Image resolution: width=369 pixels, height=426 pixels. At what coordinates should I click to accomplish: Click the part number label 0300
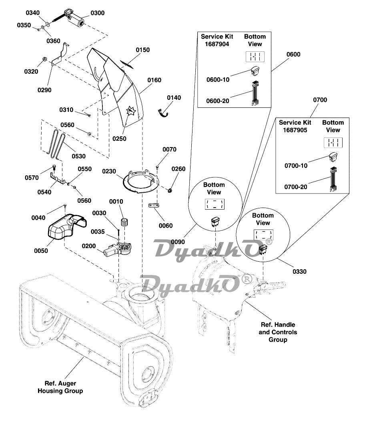coord(97,13)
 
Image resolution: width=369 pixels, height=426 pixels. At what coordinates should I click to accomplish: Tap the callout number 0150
coord(143,50)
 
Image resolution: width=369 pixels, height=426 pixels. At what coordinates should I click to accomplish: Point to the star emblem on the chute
coord(131,111)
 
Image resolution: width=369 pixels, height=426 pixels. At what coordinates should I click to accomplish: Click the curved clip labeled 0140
coord(163,113)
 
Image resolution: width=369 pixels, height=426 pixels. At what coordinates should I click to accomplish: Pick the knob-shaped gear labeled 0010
coord(124,222)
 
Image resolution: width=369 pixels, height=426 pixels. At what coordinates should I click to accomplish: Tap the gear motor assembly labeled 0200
coord(117,249)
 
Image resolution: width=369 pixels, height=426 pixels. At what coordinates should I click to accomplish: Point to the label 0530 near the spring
coord(79,156)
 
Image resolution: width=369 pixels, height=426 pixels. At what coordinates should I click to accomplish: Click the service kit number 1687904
coord(217,44)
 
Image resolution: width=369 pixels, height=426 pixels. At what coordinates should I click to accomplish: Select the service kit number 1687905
coord(295,130)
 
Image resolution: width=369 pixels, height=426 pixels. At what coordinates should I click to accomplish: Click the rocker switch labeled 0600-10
coord(255,71)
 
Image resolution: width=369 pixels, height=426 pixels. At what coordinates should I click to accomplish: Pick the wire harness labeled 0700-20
coord(333,179)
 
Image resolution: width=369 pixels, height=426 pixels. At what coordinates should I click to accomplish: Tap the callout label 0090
coord(178,242)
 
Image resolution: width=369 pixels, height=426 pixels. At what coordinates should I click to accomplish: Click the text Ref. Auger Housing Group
coord(60,387)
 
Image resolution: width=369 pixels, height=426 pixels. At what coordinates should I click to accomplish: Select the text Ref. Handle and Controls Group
coord(278,332)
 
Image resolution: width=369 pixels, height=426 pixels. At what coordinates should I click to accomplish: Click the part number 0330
coord(299,272)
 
